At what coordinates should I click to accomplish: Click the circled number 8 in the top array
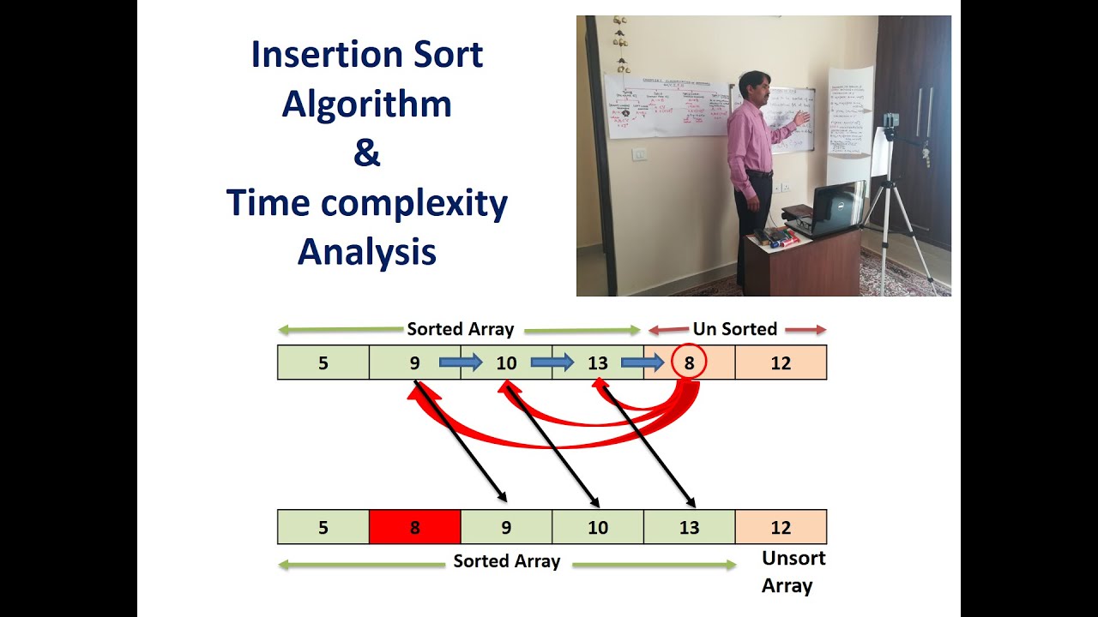pyautogui.click(x=689, y=362)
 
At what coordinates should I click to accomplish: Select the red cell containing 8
pyautogui.click(x=414, y=527)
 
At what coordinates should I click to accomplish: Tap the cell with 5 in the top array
pyautogui.click(x=323, y=362)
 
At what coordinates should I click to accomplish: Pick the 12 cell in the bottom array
pyautogui.click(x=781, y=527)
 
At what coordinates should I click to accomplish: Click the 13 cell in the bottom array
pyautogui.click(x=689, y=527)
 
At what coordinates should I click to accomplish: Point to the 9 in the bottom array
pyautogui.click(x=506, y=527)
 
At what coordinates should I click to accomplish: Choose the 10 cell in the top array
pyautogui.click(x=506, y=362)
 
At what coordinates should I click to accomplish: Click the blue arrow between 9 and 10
pyautogui.click(x=461, y=362)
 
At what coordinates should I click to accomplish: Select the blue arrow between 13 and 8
pyautogui.click(x=655, y=362)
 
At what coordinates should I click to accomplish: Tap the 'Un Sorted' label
pyautogui.click(x=735, y=329)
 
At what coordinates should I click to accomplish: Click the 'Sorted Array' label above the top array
pyautogui.click(x=460, y=329)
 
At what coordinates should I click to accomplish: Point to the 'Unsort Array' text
pyautogui.click(x=793, y=572)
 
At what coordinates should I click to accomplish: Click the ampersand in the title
pyautogui.click(x=366, y=153)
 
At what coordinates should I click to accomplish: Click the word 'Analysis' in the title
pyautogui.click(x=366, y=252)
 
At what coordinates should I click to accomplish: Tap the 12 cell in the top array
pyautogui.click(x=781, y=362)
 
